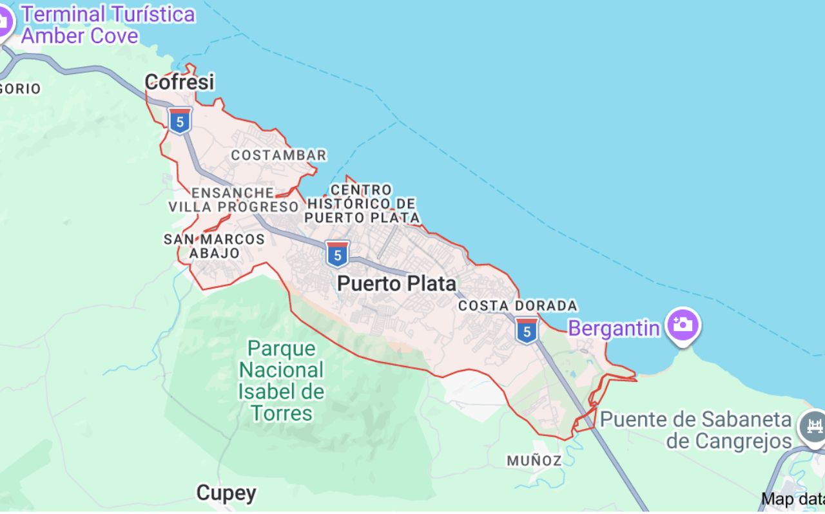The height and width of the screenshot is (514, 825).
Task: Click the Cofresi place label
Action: click(x=179, y=82)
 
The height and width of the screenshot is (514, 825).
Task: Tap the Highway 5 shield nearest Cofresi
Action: click(x=180, y=120)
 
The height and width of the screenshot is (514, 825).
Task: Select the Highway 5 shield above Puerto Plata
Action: click(x=336, y=254)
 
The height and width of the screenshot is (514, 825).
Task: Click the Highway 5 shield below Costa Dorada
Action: click(x=527, y=330)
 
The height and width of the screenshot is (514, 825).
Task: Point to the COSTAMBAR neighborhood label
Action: click(x=278, y=155)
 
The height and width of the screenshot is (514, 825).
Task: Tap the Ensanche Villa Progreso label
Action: click(x=233, y=200)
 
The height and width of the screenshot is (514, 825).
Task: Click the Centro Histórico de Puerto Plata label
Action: click(x=362, y=204)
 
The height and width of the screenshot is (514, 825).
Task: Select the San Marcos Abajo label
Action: click(x=214, y=246)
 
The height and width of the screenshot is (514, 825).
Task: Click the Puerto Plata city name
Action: click(x=396, y=283)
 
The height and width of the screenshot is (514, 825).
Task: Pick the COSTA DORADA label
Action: click(x=518, y=306)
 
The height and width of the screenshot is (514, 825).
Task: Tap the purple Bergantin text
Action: click(x=614, y=328)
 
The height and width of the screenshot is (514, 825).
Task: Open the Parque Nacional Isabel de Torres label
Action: click(x=282, y=381)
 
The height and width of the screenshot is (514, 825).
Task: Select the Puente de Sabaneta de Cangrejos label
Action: click(x=695, y=430)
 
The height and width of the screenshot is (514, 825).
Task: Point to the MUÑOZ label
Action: click(x=534, y=461)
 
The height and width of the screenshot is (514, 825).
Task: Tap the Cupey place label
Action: click(x=226, y=493)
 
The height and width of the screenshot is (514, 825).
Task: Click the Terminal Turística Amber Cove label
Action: click(x=108, y=24)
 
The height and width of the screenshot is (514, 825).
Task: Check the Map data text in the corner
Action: click(x=792, y=499)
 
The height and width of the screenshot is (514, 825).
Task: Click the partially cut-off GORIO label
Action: click(x=20, y=89)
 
